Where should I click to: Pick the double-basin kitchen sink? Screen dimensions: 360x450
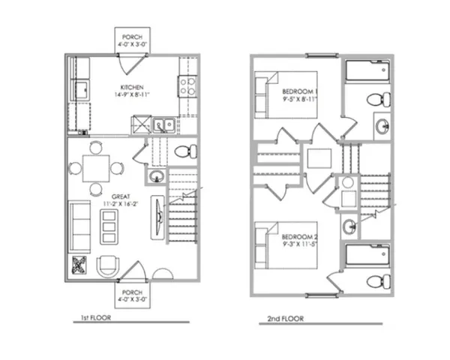click(x=162, y=125)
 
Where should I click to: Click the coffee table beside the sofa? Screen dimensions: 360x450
click(x=110, y=223)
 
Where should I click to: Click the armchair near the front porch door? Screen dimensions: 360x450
click(x=108, y=266)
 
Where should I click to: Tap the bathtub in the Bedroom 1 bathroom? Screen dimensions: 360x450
click(x=367, y=73)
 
